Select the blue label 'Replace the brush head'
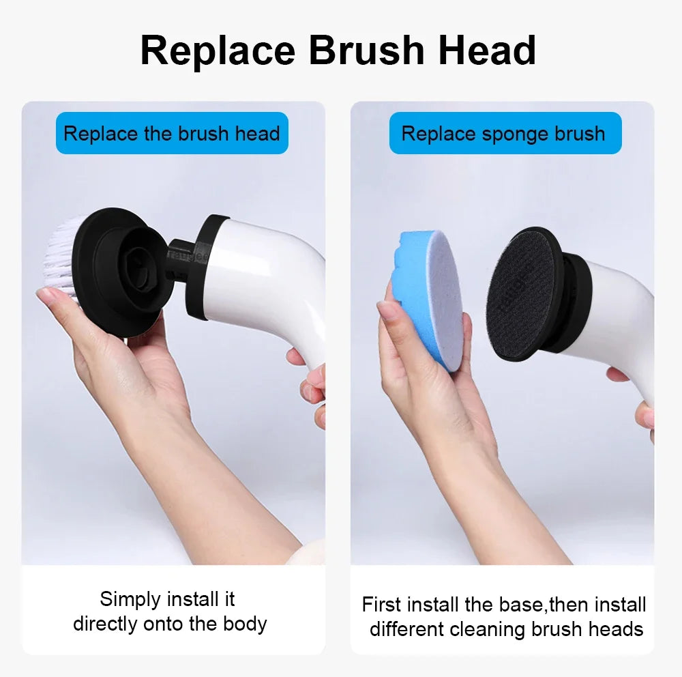[x=172, y=133]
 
